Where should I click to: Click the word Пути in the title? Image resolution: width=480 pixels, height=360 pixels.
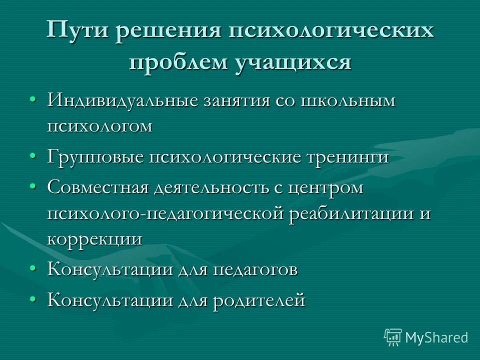point(75,31)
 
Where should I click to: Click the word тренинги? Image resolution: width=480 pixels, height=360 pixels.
point(346,157)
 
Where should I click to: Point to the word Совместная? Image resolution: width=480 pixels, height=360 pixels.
point(98,188)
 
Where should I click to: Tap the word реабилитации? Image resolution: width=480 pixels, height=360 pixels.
point(349,213)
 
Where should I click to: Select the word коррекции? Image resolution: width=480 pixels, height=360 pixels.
point(94,238)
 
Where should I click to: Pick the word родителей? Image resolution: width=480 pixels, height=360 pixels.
point(258,301)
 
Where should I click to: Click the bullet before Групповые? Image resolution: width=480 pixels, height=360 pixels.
point(32,157)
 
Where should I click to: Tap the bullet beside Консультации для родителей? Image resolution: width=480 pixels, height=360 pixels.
point(32,301)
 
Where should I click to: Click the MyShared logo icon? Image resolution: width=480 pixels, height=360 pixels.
point(393,337)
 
